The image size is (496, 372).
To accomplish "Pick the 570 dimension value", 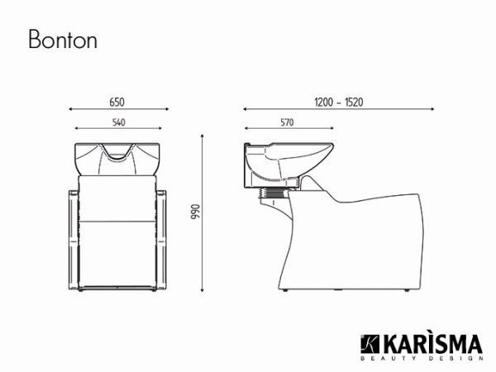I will point(286,122).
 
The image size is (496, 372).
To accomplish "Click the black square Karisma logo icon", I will point(368,343).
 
